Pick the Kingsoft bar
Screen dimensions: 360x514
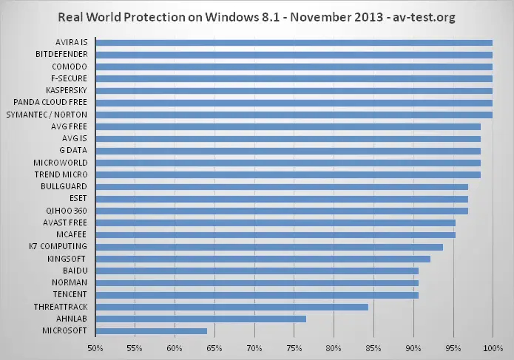[263, 259]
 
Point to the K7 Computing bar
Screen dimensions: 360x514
[268, 246]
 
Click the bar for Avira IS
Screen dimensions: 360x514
[294, 43]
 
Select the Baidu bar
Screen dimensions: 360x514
[257, 271]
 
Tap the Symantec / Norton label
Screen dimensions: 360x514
[47, 115]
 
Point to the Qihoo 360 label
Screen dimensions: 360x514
[67, 211]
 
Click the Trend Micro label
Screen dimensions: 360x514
[61, 174]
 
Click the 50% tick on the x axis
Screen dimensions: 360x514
[95, 347]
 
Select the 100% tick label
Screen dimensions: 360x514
[492, 347]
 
